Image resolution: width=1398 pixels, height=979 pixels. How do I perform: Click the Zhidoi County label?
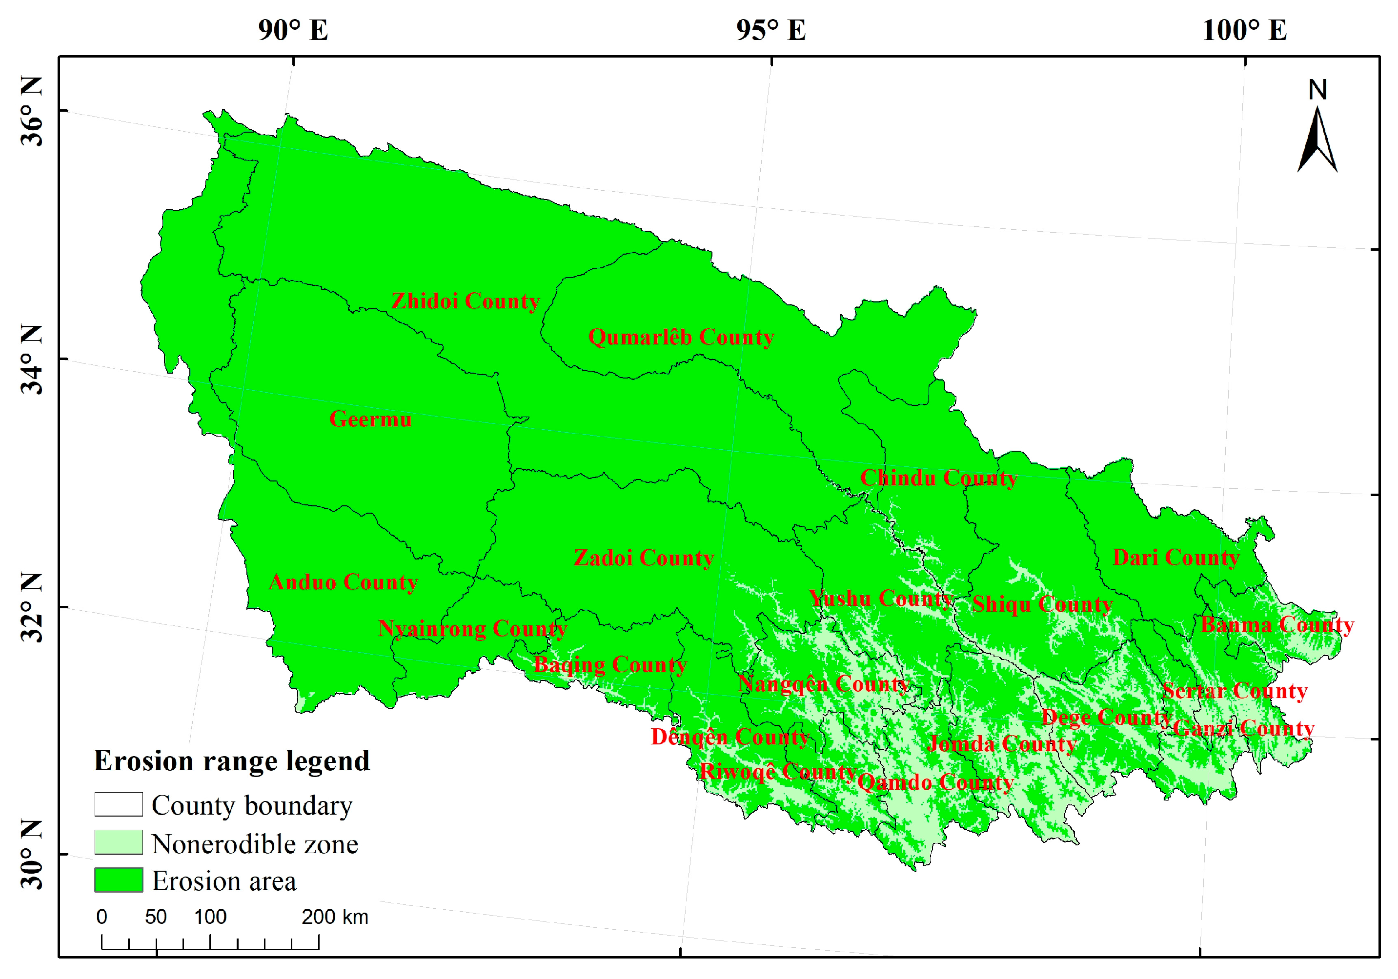coord(465,301)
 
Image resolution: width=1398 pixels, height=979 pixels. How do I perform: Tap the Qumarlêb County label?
coord(681,337)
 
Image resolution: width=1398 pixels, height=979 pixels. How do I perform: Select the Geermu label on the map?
coord(370,420)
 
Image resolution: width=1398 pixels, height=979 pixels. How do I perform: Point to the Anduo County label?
coord(344,582)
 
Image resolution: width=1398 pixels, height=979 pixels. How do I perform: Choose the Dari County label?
coord(1176,558)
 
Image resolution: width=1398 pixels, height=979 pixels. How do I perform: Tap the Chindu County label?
coord(938,479)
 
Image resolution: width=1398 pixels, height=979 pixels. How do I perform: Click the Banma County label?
coord(1277,625)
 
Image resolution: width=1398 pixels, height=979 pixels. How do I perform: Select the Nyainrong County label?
coord(472,629)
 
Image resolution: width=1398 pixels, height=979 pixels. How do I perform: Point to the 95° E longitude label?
coord(771,30)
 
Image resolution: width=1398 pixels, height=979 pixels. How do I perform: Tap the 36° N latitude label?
coord(32,111)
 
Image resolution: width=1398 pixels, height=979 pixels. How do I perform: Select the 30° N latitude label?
coord(32,854)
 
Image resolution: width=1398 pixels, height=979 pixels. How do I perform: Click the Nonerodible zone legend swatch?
coord(119,842)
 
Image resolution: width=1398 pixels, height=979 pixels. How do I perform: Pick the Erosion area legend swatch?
coord(119,880)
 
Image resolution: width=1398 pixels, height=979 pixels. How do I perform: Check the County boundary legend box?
coord(119,804)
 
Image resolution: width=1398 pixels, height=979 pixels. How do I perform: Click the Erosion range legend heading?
coord(232,761)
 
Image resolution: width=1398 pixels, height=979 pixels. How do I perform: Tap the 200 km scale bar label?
coord(334,917)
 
